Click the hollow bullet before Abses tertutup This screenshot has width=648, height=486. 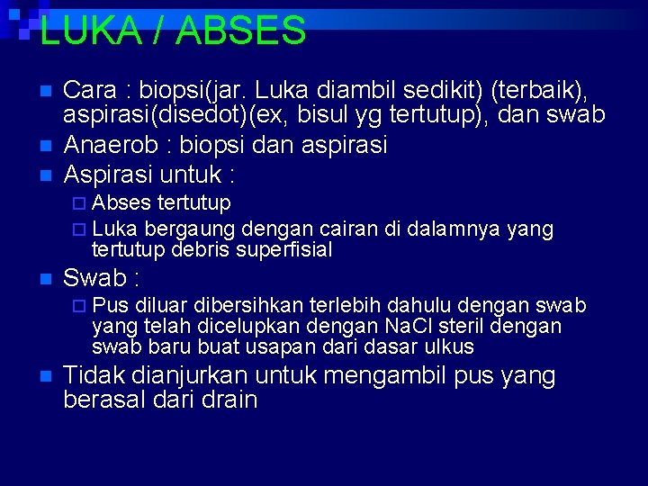80,202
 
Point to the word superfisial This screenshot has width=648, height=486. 284,249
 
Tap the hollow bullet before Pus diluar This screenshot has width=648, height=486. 80,305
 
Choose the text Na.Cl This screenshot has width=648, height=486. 409,326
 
